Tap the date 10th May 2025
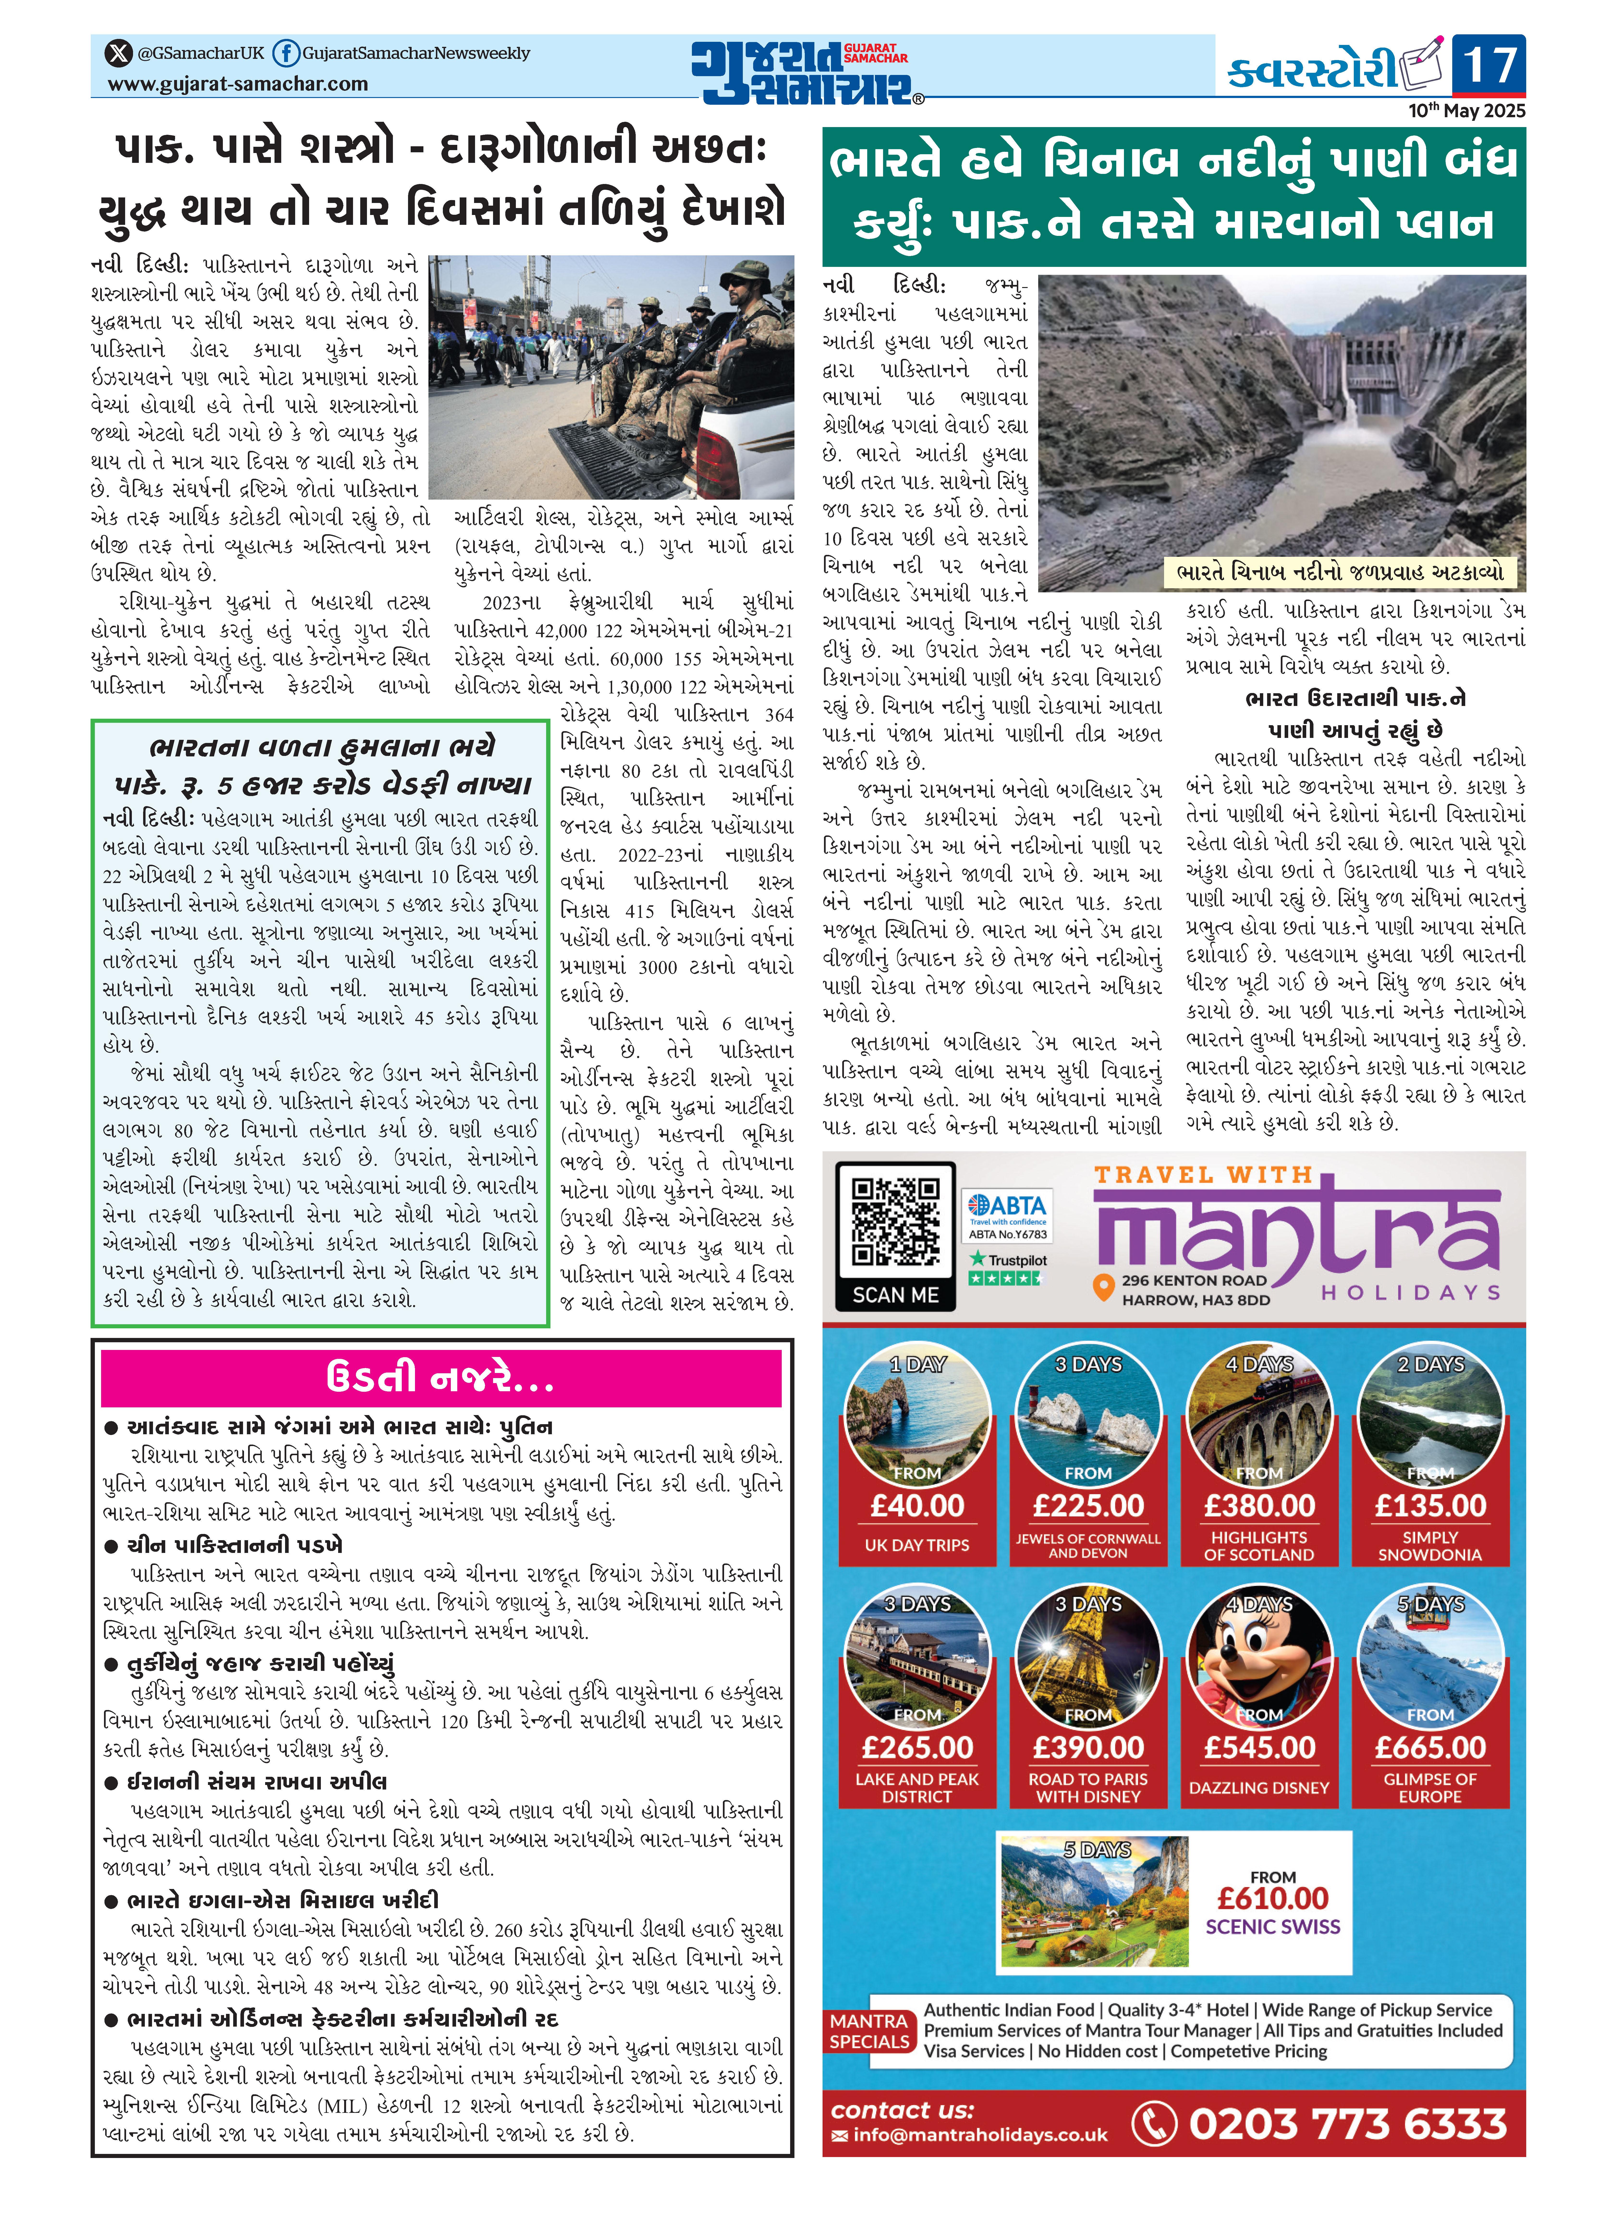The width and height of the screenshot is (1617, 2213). tap(1466, 110)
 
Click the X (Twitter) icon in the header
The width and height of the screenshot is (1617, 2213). tap(118, 53)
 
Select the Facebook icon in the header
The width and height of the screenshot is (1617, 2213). tap(285, 53)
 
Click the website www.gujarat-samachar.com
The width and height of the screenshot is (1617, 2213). tap(238, 84)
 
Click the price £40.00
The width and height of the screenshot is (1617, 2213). tap(917, 1505)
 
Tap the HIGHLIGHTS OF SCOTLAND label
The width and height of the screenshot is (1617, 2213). tap(1259, 1545)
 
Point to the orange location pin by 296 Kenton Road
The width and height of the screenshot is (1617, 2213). tap(1104, 1288)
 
